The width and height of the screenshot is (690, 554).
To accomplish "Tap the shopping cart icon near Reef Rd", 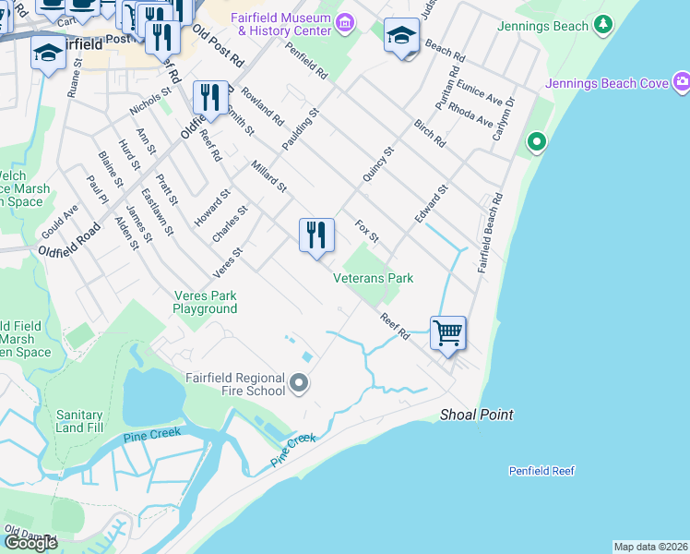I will (x=447, y=331).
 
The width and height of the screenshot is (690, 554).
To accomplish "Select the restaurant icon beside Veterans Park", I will (x=316, y=235).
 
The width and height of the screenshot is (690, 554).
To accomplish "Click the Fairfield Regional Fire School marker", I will (x=299, y=382).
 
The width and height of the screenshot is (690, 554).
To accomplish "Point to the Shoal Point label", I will (x=476, y=415).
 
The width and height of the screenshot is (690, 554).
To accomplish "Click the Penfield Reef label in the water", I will (x=541, y=471).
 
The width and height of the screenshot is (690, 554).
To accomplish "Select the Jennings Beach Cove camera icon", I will (x=682, y=84).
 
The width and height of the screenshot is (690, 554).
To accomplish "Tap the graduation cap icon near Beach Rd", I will (x=401, y=36).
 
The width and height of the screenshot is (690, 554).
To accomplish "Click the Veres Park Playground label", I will (x=205, y=303).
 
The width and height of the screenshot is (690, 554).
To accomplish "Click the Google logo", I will (x=30, y=543).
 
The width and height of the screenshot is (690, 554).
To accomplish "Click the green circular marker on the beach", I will (x=535, y=143).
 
